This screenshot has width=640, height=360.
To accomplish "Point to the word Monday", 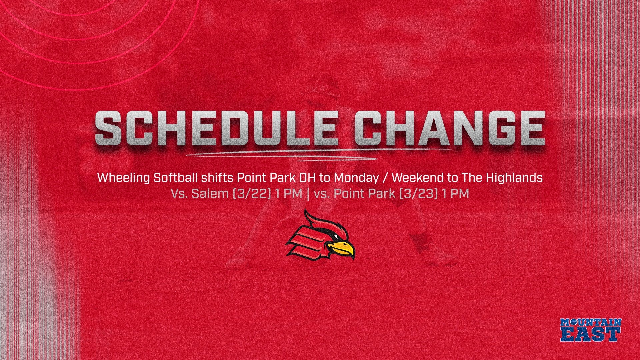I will click(356, 178).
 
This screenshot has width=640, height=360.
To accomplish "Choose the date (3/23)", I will click(418, 193).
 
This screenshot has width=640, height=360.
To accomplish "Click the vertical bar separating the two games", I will click(307, 193).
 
